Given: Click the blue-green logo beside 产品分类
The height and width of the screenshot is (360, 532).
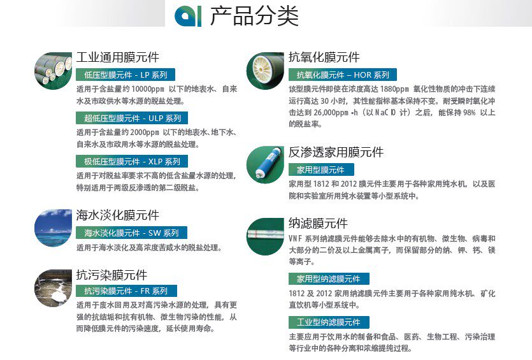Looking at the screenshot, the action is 188,17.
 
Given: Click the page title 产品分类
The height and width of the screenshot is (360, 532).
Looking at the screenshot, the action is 254,16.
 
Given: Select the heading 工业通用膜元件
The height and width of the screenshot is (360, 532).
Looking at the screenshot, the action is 117,57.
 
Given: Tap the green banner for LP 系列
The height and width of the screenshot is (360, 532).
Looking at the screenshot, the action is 126,75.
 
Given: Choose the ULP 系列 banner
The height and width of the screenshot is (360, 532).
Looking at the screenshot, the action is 132,118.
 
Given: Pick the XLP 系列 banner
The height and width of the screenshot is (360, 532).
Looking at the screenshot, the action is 132,161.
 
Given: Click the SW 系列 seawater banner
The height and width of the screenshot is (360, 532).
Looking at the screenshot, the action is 131,233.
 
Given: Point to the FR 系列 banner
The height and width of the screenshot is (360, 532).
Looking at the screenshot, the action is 126,291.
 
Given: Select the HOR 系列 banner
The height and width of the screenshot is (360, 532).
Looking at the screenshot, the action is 343,75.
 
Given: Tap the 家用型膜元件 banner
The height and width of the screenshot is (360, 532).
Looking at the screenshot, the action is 321,169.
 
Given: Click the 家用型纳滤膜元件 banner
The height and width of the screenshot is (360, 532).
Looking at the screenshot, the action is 329,279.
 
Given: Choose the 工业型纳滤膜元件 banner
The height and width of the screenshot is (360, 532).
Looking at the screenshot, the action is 329,322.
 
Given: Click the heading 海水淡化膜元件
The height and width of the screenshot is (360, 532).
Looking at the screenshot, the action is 117,215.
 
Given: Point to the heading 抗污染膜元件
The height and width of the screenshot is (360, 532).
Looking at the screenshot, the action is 111,275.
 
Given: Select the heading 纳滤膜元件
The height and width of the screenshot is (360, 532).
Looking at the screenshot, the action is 319,223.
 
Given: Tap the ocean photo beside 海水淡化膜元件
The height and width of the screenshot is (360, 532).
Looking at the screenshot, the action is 54,227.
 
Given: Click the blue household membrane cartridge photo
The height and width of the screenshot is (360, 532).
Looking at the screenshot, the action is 265,164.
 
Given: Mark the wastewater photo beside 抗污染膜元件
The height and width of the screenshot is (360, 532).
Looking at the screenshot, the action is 54,288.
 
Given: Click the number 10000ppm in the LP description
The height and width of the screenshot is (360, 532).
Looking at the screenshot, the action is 148,89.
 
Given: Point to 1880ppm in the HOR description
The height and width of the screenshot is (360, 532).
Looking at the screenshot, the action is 394,89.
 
